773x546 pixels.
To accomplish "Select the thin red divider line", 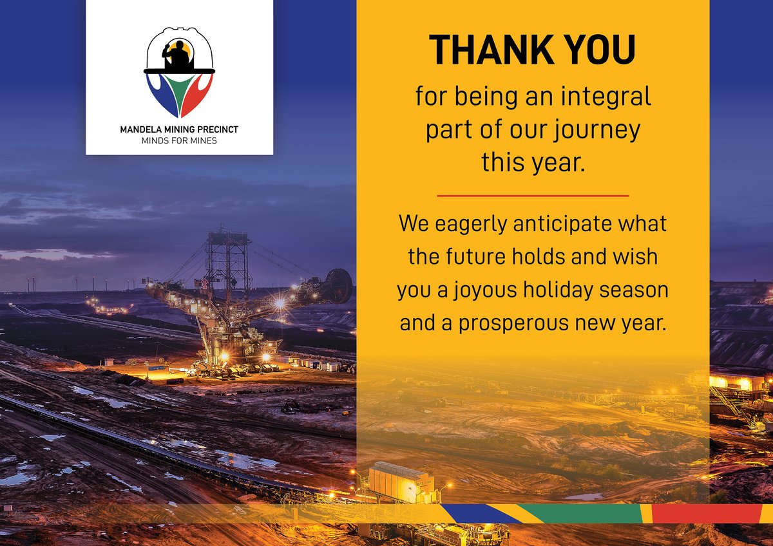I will coord(533,195).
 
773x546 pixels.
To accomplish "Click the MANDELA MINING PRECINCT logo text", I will coord(179,129).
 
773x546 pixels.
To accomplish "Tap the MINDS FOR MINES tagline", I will coord(179,140).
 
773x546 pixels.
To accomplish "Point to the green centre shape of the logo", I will coord(180,91).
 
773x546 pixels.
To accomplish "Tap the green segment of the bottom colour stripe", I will coord(580,513).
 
